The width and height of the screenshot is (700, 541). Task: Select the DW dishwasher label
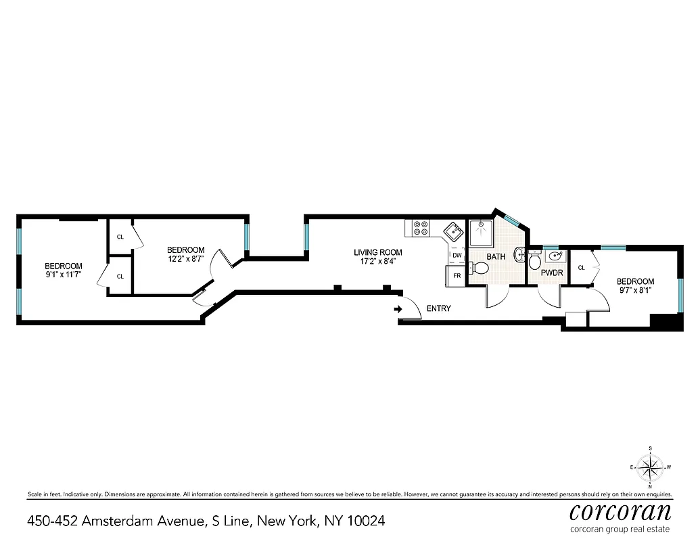(x=457, y=255)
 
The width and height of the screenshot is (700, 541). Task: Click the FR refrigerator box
(x=457, y=276)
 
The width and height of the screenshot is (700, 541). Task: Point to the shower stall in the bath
(x=482, y=233)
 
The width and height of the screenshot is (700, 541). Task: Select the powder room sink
(x=557, y=256)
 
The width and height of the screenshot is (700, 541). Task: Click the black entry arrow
(x=398, y=309)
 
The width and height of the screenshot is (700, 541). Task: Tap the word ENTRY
(x=438, y=308)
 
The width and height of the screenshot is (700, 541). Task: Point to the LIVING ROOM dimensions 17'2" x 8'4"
(x=377, y=261)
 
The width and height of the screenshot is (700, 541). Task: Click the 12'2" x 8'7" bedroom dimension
(x=186, y=258)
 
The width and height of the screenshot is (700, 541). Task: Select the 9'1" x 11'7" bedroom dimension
(x=64, y=275)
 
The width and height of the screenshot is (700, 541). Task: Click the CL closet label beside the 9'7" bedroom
(x=581, y=268)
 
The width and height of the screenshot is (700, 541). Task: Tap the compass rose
(x=650, y=467)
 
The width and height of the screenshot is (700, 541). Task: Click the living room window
(x=307, y=236)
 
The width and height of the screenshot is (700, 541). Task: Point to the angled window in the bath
(x=513, y=217)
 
